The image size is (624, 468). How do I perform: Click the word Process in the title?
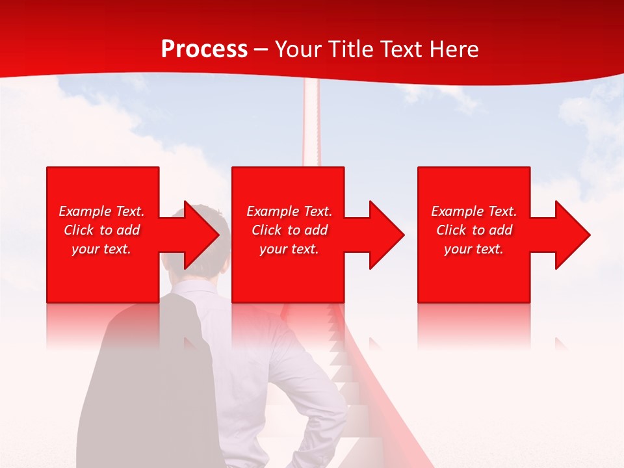[204, 49]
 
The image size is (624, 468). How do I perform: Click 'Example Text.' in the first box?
[101, 211]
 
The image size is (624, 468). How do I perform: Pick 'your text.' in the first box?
[101, 249]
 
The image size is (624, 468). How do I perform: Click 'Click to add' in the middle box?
[289, 230]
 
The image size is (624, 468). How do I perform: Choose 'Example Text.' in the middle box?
[289, 211]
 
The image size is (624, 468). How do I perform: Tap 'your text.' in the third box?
[474, 249]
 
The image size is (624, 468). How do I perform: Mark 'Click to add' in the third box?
[474, 230]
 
